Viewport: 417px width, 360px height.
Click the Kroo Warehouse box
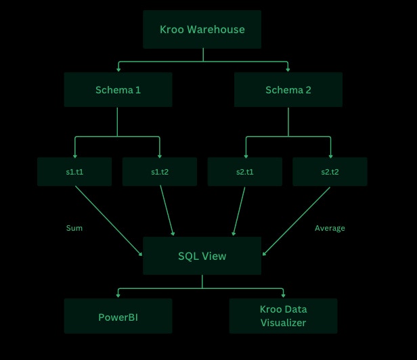click(202, 29)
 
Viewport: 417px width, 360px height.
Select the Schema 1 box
click(118, 90)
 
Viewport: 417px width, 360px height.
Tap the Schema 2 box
click(288, 90)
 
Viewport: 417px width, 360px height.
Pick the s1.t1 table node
click(74, 172)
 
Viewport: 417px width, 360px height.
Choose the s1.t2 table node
click(160, 172)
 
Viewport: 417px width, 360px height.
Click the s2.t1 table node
click(244, 172)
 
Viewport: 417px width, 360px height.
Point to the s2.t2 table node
click(330, 172)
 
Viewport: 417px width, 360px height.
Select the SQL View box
click(202, 256)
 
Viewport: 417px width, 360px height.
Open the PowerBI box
click(118, 316)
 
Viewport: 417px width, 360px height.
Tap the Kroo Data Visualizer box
click(283, 316)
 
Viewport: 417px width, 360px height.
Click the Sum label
click(74, 228)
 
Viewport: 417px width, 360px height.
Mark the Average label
click(330, 228)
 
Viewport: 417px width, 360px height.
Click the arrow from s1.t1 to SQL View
click(108, 221)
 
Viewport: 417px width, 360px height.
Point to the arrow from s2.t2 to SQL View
click(297, 221)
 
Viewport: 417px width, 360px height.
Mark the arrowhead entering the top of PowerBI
click(118, 296)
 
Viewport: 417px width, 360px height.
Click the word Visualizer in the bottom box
click(283, 323)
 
